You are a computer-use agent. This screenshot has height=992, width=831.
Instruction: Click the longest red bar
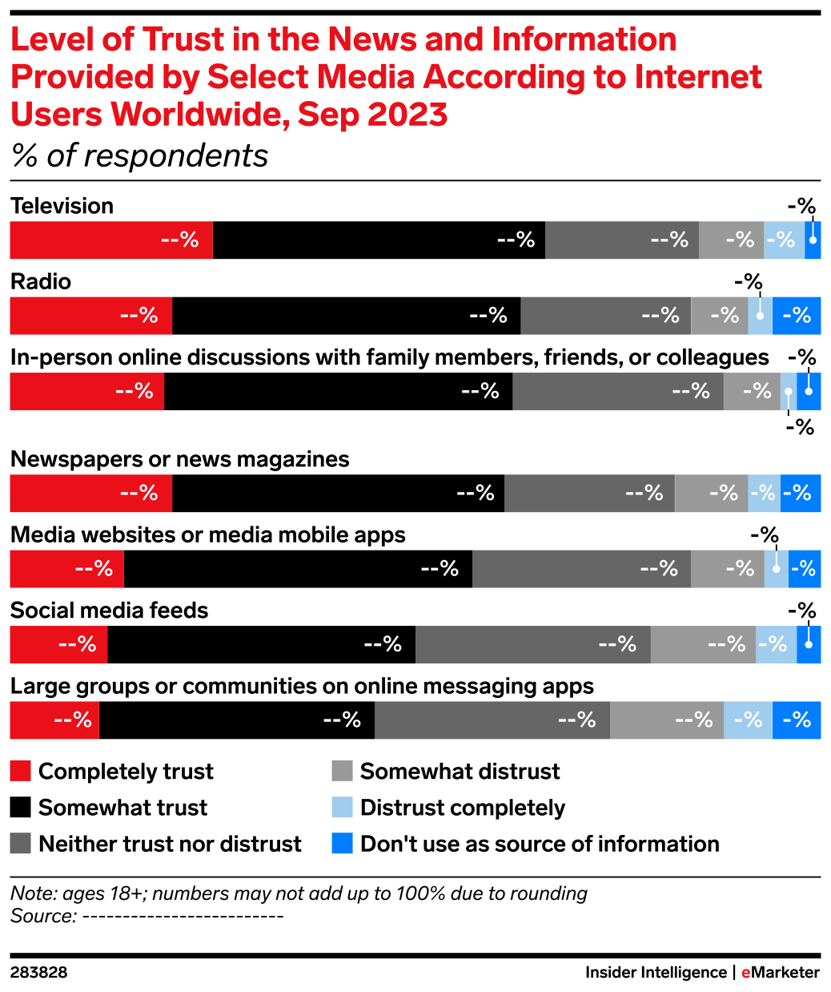pos(110,240)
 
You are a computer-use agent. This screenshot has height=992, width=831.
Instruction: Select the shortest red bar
pos(54,720)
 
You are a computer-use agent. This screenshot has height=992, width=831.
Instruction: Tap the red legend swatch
pos(20,771)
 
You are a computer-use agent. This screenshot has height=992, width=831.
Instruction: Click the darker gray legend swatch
pos(20,843)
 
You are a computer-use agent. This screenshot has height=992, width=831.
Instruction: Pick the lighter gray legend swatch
pos(342,771)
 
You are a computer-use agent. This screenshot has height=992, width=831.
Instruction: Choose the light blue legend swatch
pos(342,808)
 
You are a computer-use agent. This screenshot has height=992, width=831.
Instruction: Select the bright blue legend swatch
pos(342,844)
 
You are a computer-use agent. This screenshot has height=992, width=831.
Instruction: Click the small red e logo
pos(745,973)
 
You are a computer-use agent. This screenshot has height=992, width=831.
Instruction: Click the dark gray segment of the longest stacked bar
pos(492,720)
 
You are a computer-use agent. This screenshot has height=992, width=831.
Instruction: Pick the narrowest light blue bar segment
pos(789,392)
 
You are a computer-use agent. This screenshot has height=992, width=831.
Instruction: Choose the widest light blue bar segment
pos(748,720)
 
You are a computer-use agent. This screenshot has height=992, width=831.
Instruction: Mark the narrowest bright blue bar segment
pos(813,240)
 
